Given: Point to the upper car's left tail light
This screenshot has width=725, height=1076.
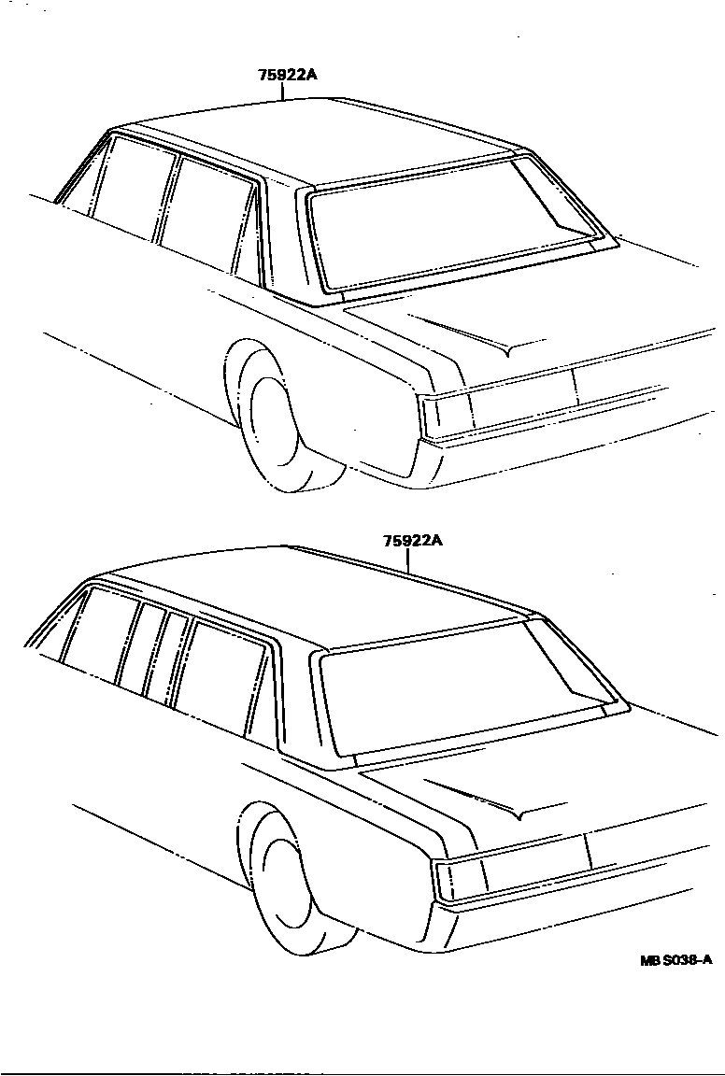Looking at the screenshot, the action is tap(445, 414).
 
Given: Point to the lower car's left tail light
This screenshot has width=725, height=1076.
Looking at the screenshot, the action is tap(461, 877).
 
